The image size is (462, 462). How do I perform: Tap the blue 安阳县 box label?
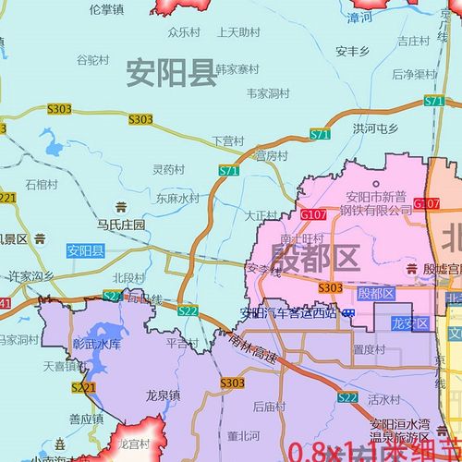[86, 250]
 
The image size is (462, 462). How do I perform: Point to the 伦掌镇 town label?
[107, 8]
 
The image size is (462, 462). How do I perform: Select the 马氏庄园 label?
[122, 225]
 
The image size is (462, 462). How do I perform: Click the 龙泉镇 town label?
[163, 394]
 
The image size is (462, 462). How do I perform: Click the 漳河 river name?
[360, 17]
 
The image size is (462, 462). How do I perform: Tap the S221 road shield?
[82, 388]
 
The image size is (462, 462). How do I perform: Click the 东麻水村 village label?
[177, 198]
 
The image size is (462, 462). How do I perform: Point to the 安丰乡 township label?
[354, 51]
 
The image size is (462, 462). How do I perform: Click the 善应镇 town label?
[86, 419]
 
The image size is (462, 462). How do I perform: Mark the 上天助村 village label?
[238, 31]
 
